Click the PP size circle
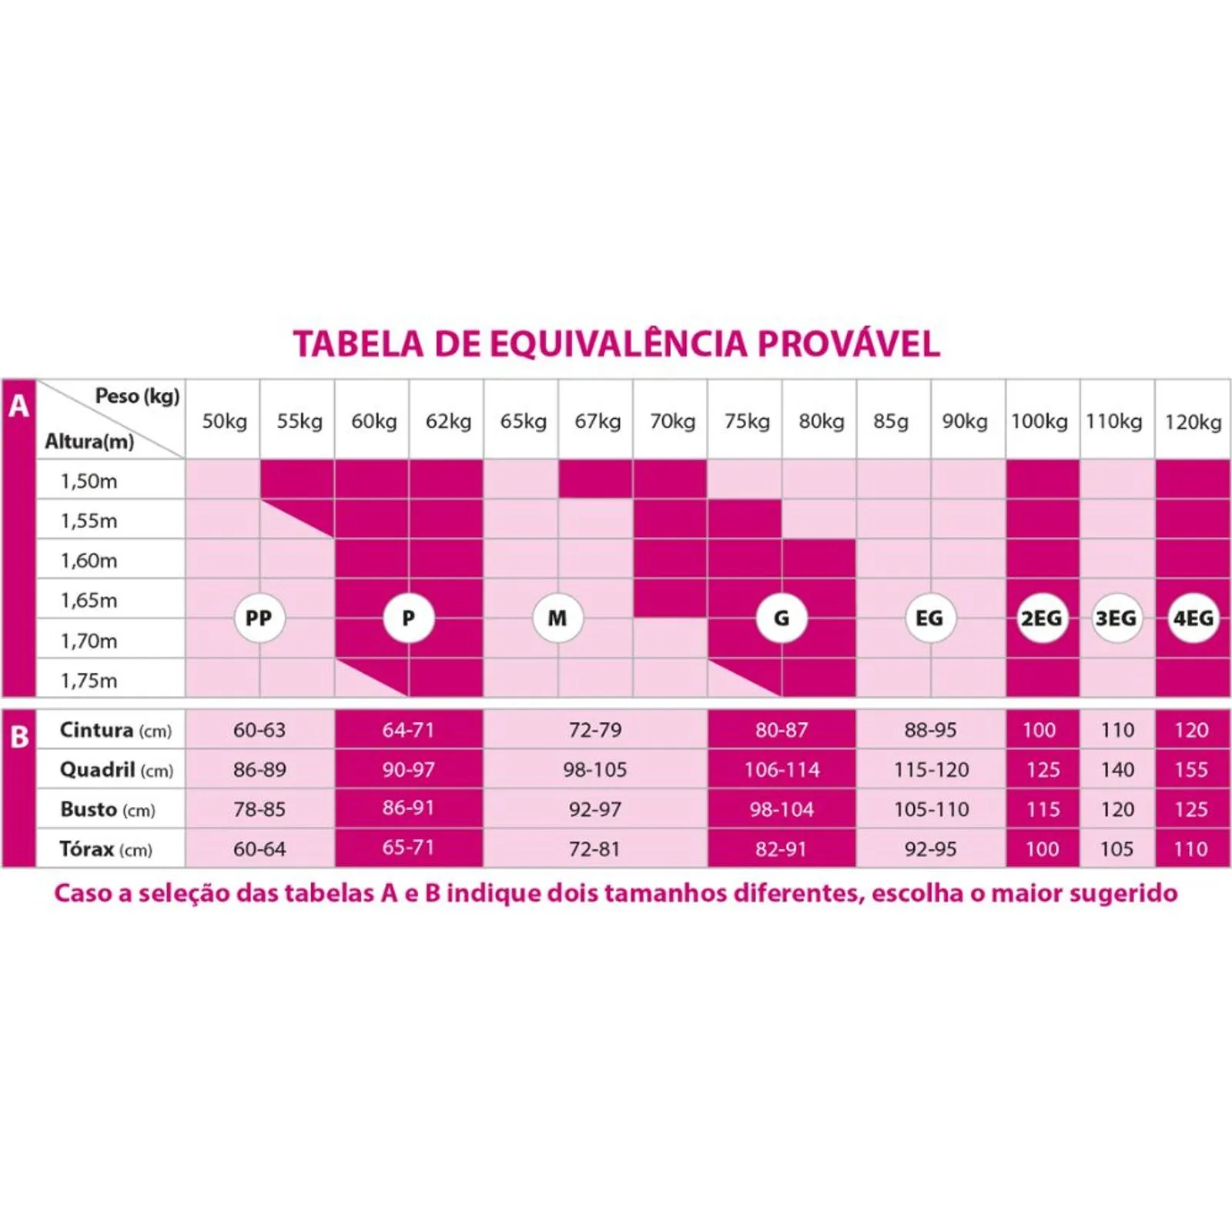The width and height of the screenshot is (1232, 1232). click(259, 618)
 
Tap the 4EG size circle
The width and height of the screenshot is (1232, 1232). click(1193, 618)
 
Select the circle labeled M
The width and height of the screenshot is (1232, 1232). click(557, 618)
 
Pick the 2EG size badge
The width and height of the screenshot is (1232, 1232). click(1041, 618)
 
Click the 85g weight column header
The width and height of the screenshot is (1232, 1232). click(891, 421)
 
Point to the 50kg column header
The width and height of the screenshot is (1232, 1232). click(224, 421)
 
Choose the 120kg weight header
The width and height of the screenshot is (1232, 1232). click(1193, 421)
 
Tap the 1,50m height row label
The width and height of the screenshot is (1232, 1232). click(89, 481)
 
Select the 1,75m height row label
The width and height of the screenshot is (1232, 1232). click(89, 681)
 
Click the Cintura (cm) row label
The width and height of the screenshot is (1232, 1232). click(115, 730)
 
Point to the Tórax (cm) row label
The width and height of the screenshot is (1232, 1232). click(106, 849)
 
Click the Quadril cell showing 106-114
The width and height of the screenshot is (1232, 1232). click(782, 769)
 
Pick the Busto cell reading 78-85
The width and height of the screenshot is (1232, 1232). click(259, 809)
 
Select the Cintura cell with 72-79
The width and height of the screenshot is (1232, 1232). click(595, 730)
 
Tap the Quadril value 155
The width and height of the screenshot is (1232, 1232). click(1191, 769)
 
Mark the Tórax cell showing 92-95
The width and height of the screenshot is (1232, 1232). click(930, 849)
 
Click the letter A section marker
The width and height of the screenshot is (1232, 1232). click(18, 406)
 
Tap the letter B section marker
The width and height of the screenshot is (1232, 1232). click(18, 738)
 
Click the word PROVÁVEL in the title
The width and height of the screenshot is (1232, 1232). click(849, 344)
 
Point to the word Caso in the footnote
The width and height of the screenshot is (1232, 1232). click(82, 893)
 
